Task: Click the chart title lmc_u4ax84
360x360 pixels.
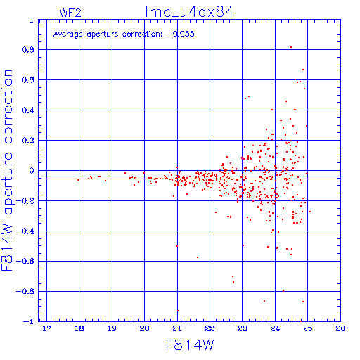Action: coord(190,12)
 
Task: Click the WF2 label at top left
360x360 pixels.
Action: coord(70,13)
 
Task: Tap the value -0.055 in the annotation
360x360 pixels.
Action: coord(181,34)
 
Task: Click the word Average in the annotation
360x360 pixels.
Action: coord(68,34)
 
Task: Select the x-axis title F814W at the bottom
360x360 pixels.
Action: coord(190,345)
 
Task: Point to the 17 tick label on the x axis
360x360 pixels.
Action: coord(46,328)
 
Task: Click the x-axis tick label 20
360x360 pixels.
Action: coord(144,328)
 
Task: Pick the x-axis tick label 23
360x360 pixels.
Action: coord(243,328)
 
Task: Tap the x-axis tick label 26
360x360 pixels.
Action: coord(340,328)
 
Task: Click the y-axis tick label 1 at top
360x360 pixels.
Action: coord(32,20)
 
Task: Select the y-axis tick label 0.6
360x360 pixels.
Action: coord(28,80)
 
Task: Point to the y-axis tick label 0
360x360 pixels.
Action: coord(32,171)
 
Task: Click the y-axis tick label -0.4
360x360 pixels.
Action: coord(25,231)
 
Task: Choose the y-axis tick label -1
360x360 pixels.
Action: coord(29,321)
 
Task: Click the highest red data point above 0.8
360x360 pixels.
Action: coord(290,47)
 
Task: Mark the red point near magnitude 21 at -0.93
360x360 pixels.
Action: coord(178,311)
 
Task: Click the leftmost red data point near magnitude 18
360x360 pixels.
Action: coord(78,179)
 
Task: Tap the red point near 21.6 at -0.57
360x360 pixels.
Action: coord(198,257)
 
